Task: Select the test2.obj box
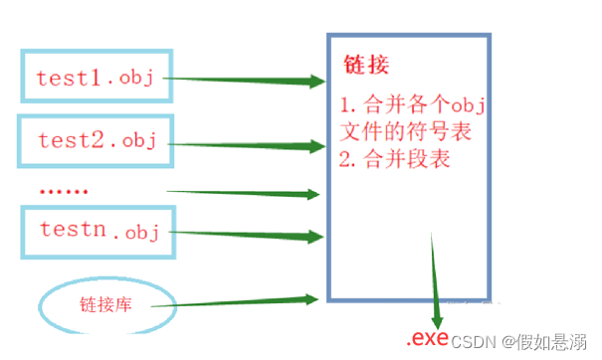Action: pyautogui.click(x=95, y=141)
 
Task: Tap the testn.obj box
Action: pyautogui.click(x=97, y=231)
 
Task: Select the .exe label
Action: pyautogui.click(x=429, y=338)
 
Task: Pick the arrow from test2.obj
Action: pyautogui.click(x=244, y=144)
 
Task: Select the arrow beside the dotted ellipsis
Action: pyautogui.click(x=244, y=191)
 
